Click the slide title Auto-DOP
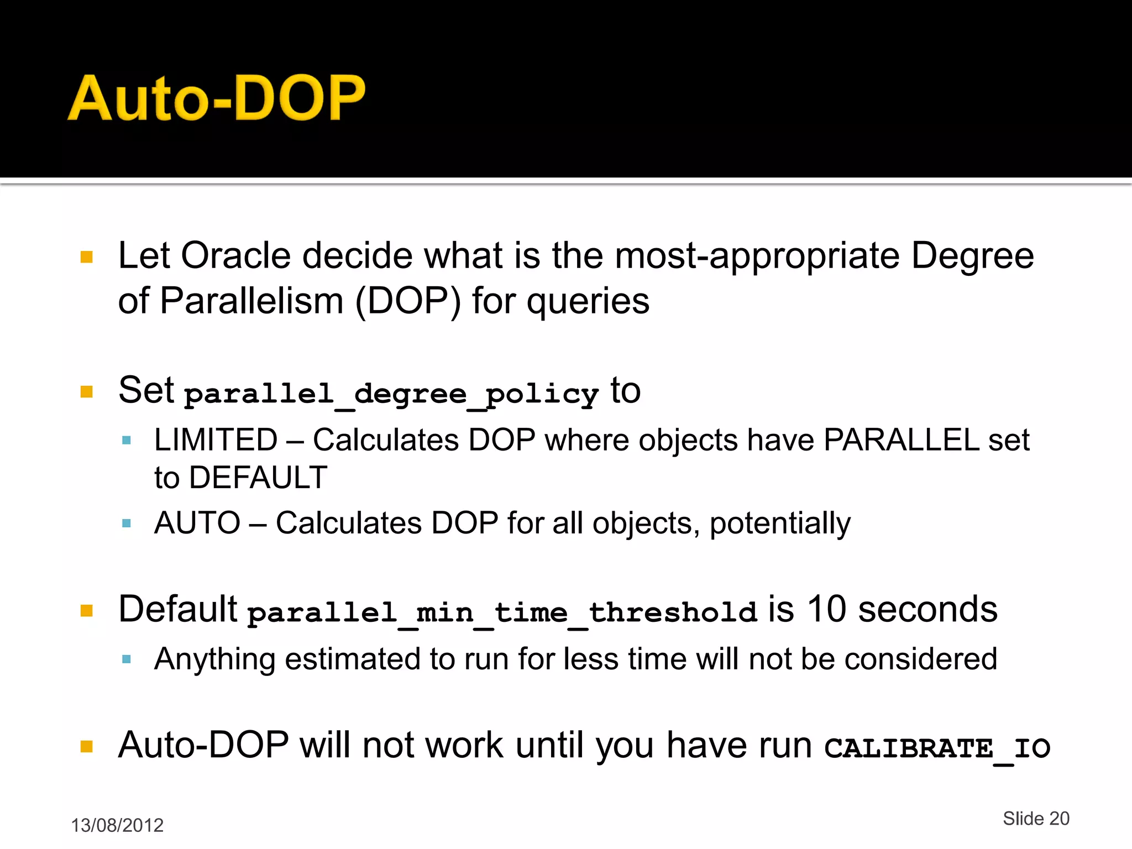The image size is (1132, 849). (x=216, y=98)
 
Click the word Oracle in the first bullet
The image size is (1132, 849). (x=235, y=256)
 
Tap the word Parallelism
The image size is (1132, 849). (x=251, y=301)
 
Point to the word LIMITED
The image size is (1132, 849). (x=216, y=441)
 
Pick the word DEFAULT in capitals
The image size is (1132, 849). (x=258, y=478)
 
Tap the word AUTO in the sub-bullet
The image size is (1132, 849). (x=197, y=523)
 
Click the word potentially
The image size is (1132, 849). (x=780, y=523)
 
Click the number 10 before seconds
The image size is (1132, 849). (x=826, y=610)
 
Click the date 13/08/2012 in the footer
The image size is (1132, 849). (x=117, y=825)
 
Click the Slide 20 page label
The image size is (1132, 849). (x=1036, y=819)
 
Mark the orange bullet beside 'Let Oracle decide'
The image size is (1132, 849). (x=87, y=257)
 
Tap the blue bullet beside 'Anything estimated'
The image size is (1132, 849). (x=127, y=659)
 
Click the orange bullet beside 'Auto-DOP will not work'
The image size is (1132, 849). (x=87, y=747)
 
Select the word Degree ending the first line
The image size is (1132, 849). (x=972, y=256)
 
